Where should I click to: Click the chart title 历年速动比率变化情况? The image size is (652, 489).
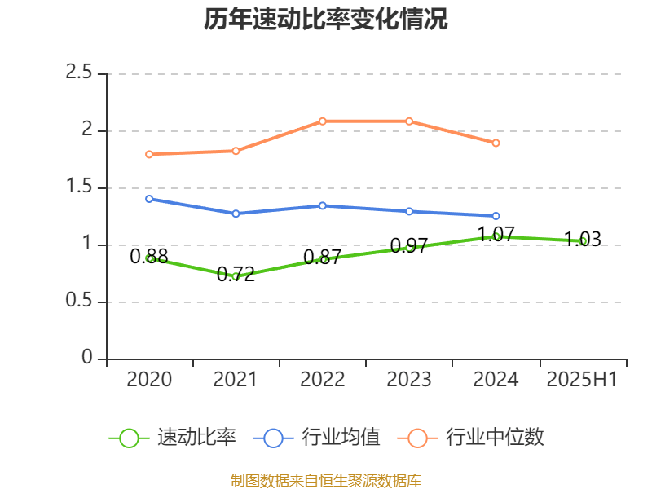click(x=326, y=20)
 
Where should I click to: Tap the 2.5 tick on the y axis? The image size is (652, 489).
click(x=79, y=73)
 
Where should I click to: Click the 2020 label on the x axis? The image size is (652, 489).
click(x=149, y=380)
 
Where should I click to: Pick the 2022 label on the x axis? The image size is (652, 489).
click(x=322, y=380)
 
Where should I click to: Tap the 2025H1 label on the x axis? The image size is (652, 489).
click(x=582, y=380)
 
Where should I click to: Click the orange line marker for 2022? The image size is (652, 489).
click(x=323, y=121)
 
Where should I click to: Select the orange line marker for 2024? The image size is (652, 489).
click(x=496, y=143)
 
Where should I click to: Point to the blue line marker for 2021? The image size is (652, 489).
click(x=236, y=214)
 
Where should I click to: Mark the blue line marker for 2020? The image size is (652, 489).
click(x=149, y=199)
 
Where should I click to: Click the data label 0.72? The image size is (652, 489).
click(x=236, y=275)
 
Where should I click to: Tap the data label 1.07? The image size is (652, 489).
click(x=496, y=235)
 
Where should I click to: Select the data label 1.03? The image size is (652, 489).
click(x=582, y=240)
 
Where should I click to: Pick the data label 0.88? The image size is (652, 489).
click(x=149, y=257)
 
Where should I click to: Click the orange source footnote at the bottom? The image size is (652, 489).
click(x=326, y=480)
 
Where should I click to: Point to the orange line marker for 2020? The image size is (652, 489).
click(x=149, y=154)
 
